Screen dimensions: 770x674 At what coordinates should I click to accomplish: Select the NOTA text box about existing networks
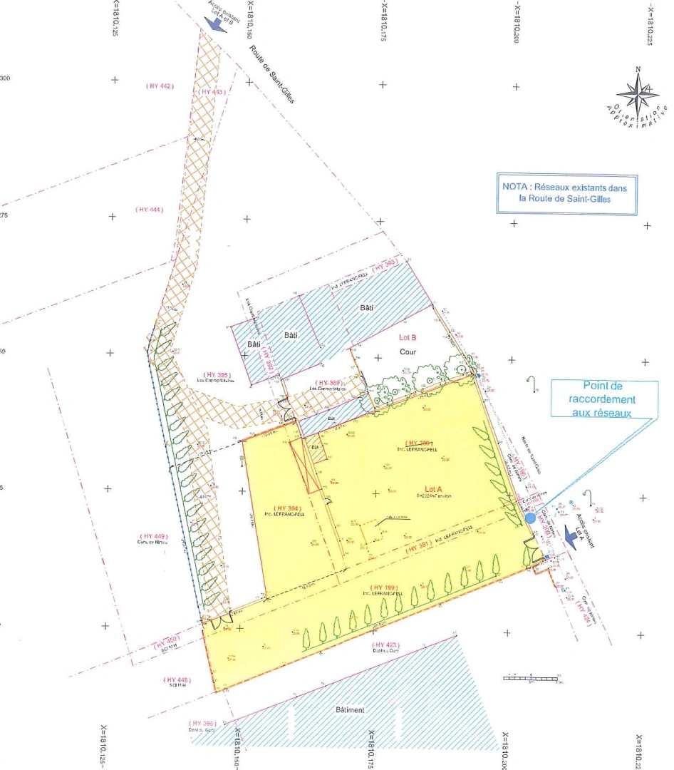pos(567,194)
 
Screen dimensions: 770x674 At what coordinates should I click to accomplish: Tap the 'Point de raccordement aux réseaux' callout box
pos(603,399)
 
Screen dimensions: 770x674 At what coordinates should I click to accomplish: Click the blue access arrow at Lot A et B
pos(212,22)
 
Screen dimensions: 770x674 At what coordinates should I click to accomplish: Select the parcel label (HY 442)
pos(160,86)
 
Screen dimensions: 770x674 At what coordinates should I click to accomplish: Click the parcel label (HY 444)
pos(149,209)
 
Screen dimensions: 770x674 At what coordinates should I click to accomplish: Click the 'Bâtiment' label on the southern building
pos(349,710)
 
